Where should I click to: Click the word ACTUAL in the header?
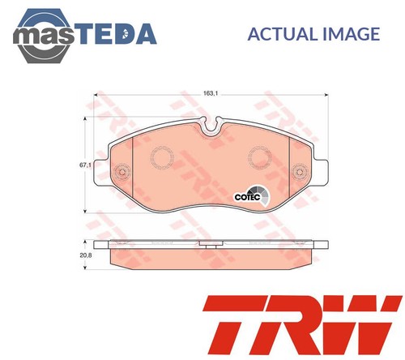[x=275, y=33]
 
